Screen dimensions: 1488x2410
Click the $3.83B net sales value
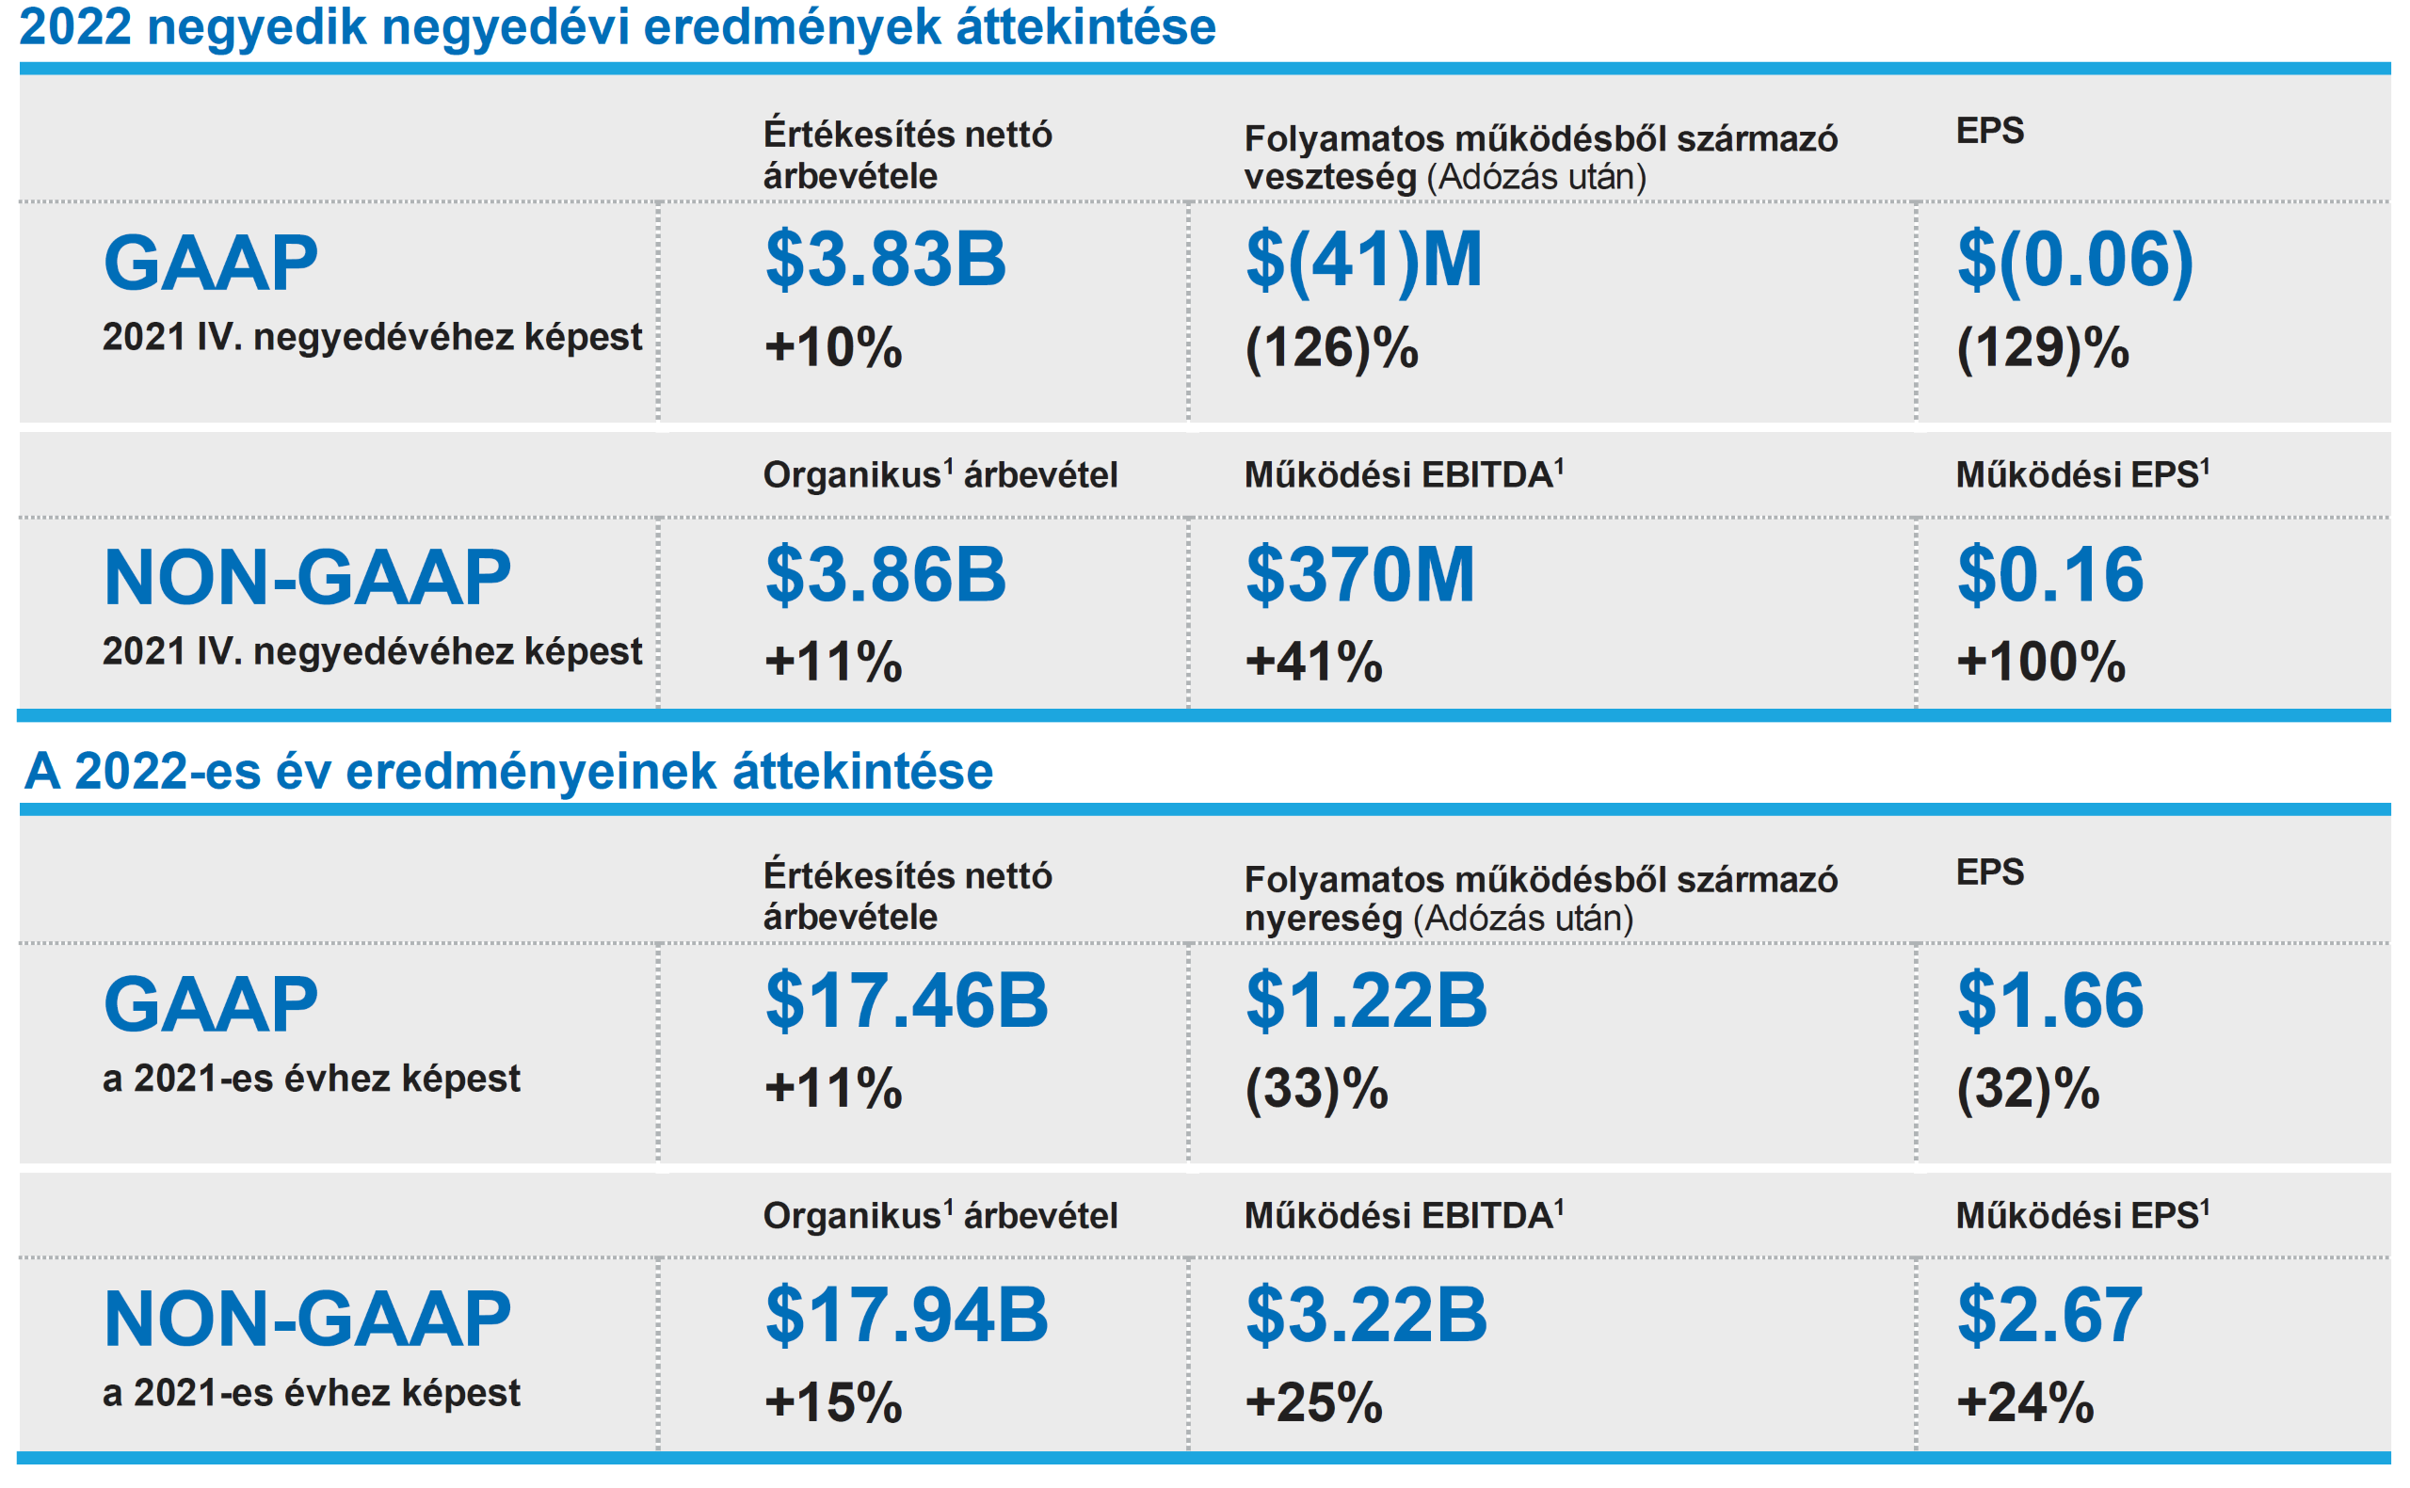(885, 260)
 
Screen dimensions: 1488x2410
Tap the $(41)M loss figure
(1363, 260)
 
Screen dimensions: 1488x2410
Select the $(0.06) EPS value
(2075, 260)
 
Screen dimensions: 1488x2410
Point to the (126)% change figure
(1330, 348)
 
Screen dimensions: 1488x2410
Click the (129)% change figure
(2042, 348)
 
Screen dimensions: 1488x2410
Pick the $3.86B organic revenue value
(885, 575)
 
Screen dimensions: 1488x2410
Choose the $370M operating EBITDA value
(1360, 575)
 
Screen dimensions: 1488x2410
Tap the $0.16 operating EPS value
(2048, 575)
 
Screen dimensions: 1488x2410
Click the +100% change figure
(2040, 662)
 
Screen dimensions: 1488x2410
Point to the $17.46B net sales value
(907, 1000)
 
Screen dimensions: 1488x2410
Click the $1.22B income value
(1366, 1000)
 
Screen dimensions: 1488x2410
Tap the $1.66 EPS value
(2048, 1000)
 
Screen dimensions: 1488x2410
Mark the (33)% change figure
(1316, 1090)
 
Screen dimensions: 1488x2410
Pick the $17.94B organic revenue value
(907, 1316)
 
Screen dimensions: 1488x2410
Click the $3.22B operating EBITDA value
(1366, 1316)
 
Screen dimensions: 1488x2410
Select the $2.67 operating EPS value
(2048, 1316)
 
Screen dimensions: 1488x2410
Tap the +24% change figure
(2024, 1402)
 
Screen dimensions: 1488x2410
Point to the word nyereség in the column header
(1323, 920)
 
